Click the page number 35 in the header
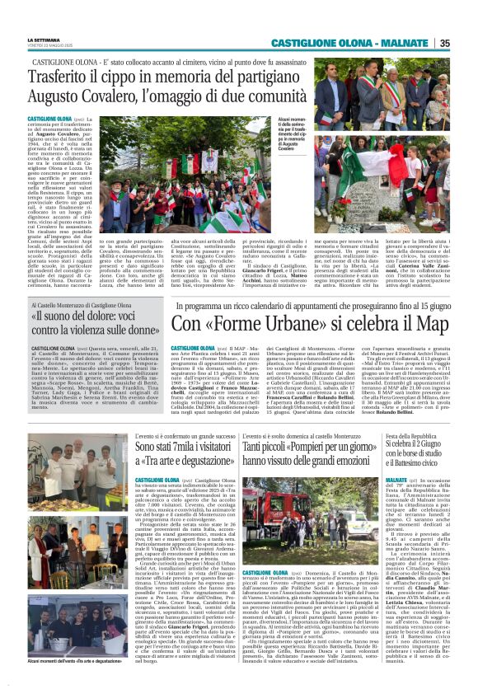click(467, 42)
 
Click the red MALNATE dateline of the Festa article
click(396, 480)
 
